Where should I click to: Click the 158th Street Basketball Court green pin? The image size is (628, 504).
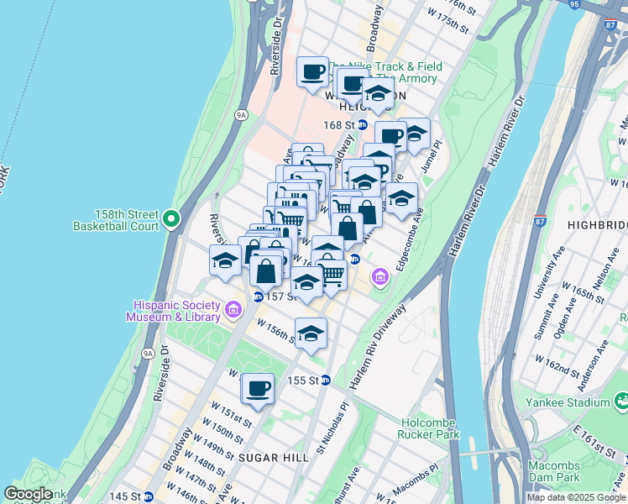[171, 219]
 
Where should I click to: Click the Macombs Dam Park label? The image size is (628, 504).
[556, 471]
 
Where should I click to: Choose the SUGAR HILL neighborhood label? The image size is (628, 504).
[270, 456]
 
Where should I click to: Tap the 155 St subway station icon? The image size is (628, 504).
[326, 380]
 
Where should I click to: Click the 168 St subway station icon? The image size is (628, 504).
[363, 125]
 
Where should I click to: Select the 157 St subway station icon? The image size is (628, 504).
[258, 297]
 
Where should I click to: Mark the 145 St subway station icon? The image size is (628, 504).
[148, 496]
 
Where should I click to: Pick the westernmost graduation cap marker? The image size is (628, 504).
[225, 261]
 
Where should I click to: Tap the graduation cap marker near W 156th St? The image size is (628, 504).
[311, 333]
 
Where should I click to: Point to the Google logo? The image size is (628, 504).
[28, 494]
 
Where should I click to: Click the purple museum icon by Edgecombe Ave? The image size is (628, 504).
[380, 276]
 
